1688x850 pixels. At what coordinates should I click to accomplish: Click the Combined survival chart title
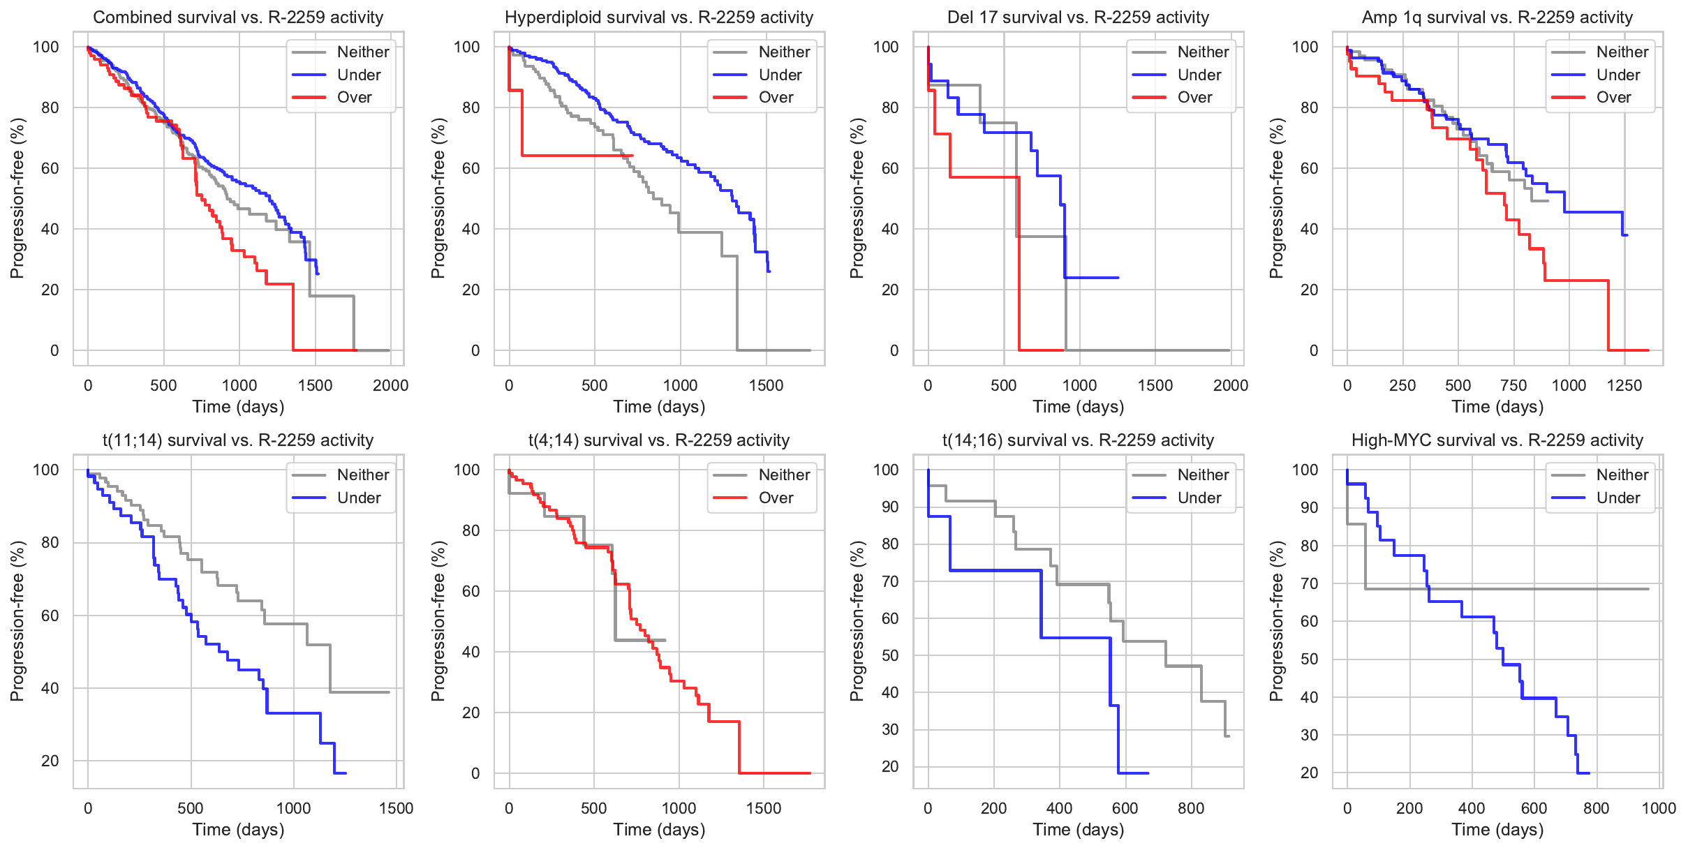click(x=238, y=17)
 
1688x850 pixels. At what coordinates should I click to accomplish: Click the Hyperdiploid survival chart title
click(x=659, y=17)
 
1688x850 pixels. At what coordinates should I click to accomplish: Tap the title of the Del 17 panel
click(x=1078, y=17)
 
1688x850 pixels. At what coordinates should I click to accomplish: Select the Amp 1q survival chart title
click(x=1497, y=17)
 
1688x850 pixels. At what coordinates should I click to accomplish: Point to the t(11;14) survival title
click(x=238, y=440)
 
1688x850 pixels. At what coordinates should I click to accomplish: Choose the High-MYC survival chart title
click(x=1497, y=440)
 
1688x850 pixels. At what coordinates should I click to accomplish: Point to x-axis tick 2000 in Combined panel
click(x=390, y=385)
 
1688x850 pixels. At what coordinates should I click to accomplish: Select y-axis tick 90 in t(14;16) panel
click(x=890, y=507)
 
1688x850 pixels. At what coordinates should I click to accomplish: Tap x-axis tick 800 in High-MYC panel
click(x=1596, y=808)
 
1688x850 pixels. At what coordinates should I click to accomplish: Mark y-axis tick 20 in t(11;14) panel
click(x=50, y=761)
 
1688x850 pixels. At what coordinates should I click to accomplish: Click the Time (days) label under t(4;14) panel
click(x=659, y=830)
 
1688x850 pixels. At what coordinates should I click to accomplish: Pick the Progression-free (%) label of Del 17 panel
click(x=857, y=198)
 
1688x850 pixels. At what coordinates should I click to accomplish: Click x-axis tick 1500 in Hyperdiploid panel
click(x=766, y=385)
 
